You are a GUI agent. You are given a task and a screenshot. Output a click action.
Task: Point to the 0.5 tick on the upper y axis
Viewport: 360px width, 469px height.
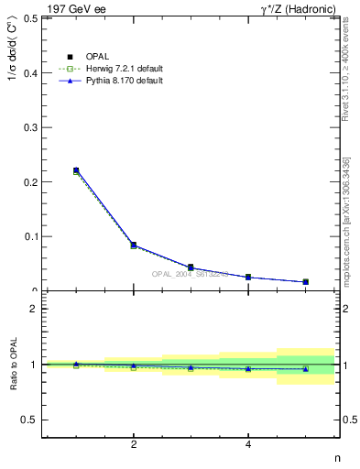(27, 17)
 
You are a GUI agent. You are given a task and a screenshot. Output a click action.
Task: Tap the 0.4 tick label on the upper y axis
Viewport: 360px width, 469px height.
(27, 72)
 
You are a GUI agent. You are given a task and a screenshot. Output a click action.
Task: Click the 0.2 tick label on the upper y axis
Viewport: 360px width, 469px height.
(27, 181)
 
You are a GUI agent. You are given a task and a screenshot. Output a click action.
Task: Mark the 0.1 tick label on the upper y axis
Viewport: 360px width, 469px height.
(27, 236)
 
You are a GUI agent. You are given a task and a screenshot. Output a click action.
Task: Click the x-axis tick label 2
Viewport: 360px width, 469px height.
(134, 445)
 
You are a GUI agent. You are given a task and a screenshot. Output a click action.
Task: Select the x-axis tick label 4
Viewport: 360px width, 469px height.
(248, 445)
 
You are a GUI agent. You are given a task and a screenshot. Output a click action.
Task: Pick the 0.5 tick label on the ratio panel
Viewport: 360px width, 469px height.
(27, 420)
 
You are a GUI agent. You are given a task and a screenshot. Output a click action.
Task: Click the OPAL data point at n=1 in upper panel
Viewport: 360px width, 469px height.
(76, 170)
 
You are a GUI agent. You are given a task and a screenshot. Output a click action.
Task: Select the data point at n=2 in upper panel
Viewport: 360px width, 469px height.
(134, 245)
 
